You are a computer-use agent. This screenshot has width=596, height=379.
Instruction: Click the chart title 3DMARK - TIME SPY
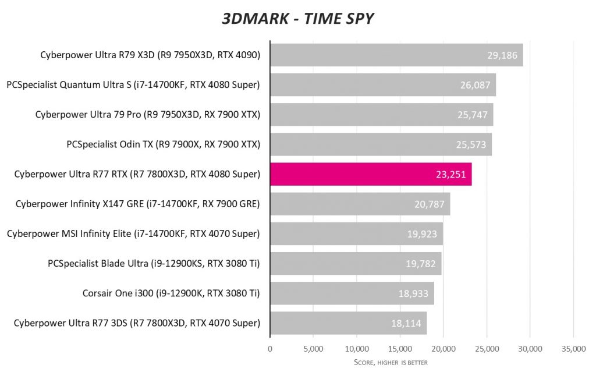click(x=297, y=19)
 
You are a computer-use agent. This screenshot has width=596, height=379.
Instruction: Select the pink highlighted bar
click(x=371, y=174)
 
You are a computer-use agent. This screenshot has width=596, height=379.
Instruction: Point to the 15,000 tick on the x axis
click(x=400, y=349)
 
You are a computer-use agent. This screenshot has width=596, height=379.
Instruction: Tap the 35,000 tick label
click(x=573, y=349)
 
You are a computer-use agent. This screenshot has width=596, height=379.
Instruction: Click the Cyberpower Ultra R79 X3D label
click(x=150, y=55)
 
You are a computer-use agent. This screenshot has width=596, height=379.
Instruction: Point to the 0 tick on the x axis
click(x=270, y=349)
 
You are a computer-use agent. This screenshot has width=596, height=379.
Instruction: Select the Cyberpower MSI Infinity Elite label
click(x=133, y=233)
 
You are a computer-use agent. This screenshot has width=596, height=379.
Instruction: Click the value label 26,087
click(x=475, y=85)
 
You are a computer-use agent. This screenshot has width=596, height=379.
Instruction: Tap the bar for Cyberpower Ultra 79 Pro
click(x=381, y=115)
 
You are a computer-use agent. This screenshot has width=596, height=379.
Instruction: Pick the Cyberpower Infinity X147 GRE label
click(x=137, y=204)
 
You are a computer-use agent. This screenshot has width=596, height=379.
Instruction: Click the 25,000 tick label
click(x=487, y=349)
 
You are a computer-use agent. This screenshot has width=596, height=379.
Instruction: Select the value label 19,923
click(x=422, y=234)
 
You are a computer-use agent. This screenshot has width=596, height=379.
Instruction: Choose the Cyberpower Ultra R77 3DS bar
click(x=348, y=323)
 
